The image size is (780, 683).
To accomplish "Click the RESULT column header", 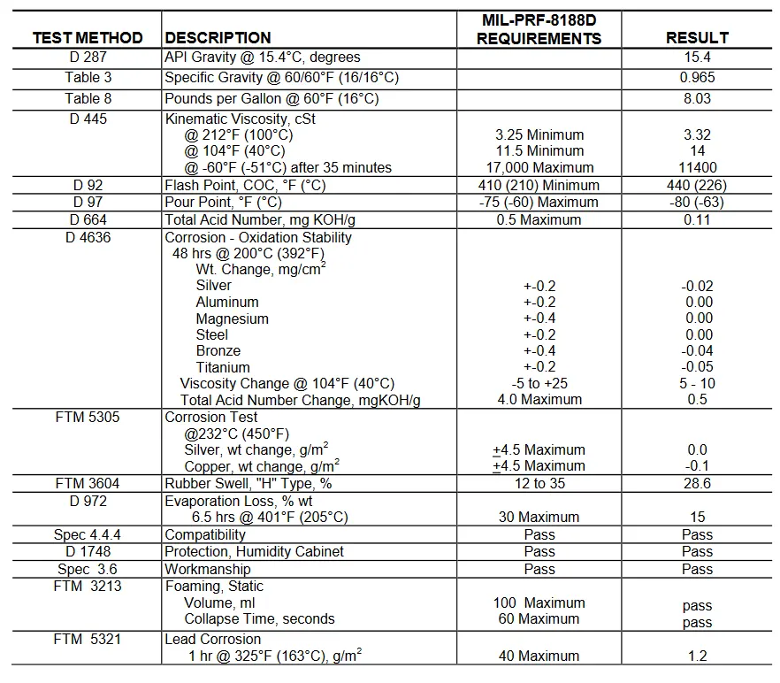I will (x=697, y=37).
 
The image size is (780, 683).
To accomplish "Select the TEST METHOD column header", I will (x=88, y=37).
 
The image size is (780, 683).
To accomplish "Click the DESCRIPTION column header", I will (x=218, y=37).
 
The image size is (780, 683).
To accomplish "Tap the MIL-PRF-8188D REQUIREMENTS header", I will (x=539, y=29).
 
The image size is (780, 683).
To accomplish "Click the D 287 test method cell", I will (x=88, y=57).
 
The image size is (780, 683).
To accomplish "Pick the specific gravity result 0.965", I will (x=697, y=77).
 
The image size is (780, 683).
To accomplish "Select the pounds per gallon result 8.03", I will (x=697, y=98).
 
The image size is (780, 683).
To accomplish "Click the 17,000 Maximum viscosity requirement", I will (x=539, y=167).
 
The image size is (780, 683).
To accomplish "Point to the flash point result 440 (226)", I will (x=697, y=185).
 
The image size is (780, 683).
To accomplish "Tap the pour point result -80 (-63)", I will (x=697, y=202).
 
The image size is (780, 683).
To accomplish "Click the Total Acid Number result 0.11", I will (x=697, y=219).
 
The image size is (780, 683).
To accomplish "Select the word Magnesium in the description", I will (x=232, y=318).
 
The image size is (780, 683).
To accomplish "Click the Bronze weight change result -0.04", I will (x=697, y=350).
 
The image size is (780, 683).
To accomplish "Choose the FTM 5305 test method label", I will (x=88, y=417).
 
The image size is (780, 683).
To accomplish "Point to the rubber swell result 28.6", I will (x=697, y=483).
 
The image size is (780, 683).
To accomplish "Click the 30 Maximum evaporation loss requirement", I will (x=539, y=517).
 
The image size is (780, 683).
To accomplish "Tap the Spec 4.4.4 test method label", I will (x=88, y=534).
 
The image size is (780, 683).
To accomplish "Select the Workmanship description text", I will (x=207, y=569).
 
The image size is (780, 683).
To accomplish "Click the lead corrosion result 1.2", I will (x=697, y=656).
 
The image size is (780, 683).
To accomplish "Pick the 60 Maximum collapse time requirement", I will (x=539, y=618).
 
